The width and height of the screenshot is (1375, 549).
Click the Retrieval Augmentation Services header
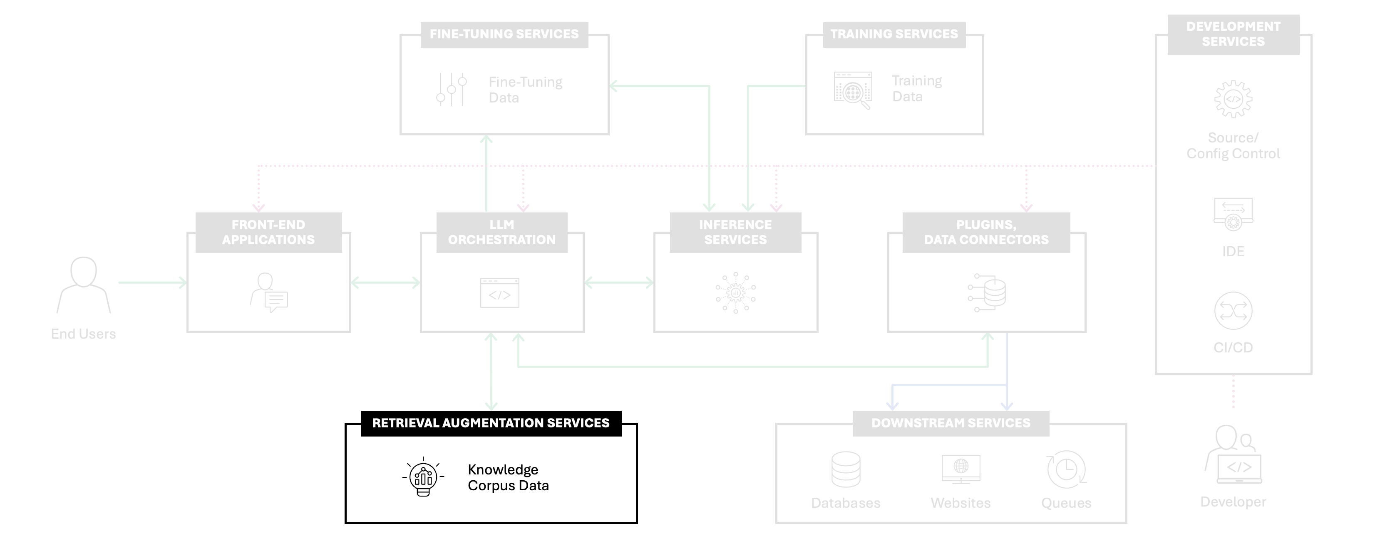click(491, 423)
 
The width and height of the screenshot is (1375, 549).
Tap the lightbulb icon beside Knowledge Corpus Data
click(423, 477)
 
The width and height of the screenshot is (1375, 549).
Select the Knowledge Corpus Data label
click(508, 477)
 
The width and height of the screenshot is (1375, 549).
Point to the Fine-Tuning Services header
click(504, 34)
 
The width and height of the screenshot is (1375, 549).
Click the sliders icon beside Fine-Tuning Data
click(452, 89)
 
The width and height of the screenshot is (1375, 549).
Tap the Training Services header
click(894, 34)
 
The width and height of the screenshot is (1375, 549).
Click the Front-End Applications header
click(268, 232)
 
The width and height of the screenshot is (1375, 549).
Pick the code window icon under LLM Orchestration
click(500, 293)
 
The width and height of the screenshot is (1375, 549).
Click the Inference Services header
click(735, 232)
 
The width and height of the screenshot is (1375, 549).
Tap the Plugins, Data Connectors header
click(986, 232)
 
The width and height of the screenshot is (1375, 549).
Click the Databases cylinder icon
click(846, 469)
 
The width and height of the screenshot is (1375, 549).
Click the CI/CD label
click(1233, 348)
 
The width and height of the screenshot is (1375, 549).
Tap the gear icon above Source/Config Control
click(1233, 99)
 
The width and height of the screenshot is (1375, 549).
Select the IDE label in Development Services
click(1233, 252)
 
